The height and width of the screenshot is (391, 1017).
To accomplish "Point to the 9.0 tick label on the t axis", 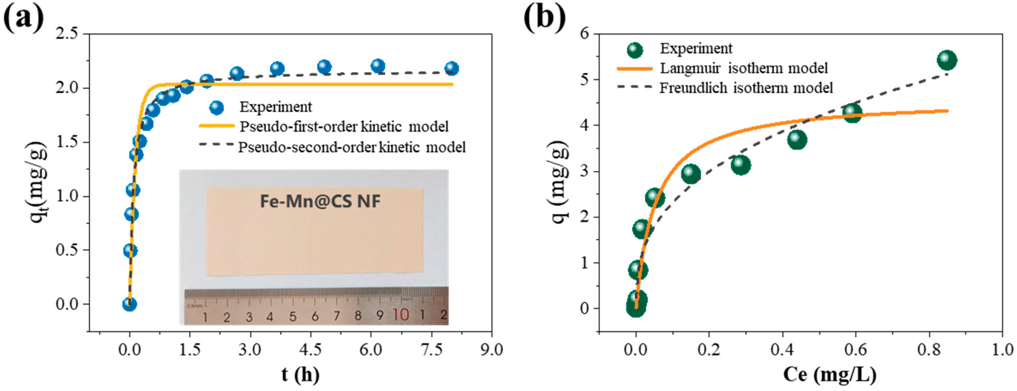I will pos(492,350).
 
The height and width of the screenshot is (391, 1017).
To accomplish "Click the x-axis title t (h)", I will pos(300,374).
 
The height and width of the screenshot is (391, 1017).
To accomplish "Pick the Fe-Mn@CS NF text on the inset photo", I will pos(320,201).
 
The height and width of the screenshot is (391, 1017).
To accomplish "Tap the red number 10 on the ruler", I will pos(401,315).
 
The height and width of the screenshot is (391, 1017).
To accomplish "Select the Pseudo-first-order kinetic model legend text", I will pos(344,127).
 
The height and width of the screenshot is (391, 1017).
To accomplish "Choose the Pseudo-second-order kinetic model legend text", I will pos(351,147).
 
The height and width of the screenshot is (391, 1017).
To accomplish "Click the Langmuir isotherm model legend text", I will pos(744,68).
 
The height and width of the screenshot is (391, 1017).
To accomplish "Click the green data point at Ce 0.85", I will pos(946,60).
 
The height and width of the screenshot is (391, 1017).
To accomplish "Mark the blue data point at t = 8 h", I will pos(452,68).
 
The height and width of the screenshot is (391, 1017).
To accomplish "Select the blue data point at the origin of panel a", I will pos(130,304).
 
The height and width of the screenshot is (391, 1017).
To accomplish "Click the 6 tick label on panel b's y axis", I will pos(584,34).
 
